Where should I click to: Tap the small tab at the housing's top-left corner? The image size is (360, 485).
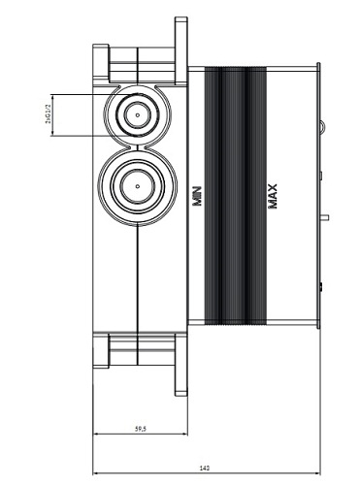coord(100,51)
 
